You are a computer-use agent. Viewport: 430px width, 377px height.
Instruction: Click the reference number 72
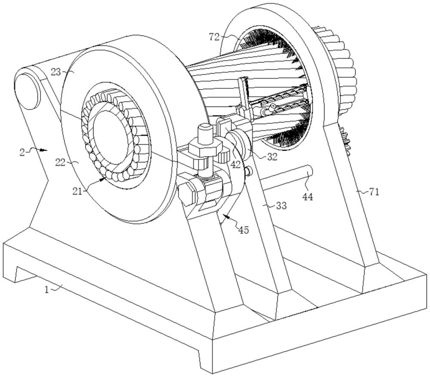pyautogui.click(x=214, y=36)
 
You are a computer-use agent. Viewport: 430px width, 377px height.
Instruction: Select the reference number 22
pyautogui.click(x=60, y=162)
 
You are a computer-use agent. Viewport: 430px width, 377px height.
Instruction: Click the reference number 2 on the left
pyautogui.click(x=22, y=152)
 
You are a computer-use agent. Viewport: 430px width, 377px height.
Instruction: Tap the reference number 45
pyautogui.click(x=243, y=230)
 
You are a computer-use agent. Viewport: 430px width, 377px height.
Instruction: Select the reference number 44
pyautogui.click(x=307, y=196)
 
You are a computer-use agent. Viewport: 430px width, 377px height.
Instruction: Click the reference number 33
pyautogui.click(x=281, y=205)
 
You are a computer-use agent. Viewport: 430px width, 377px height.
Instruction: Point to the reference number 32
pyautogui.click(x=272, y=157)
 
